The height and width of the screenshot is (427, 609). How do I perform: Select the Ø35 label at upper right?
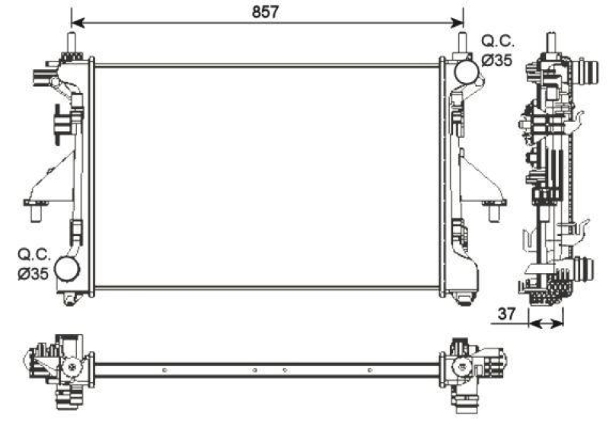coord(497,61)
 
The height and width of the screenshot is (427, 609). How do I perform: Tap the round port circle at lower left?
coord(68,268)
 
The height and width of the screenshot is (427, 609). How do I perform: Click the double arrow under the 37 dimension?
coord(547,323)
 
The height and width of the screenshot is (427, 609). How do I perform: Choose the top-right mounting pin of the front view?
coord(461,43)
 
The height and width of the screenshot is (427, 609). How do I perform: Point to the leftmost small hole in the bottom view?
coord(164,371)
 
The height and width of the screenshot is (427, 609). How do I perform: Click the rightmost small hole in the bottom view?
coord(369,371)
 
